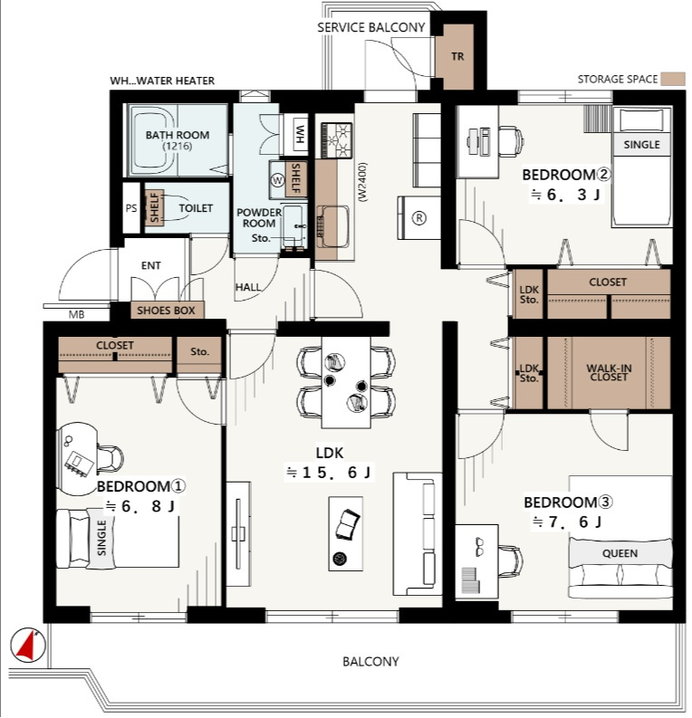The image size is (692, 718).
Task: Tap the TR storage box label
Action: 457,56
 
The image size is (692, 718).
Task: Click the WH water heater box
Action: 300,134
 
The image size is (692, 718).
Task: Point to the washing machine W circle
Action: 277,180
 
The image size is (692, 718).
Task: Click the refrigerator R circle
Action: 418,218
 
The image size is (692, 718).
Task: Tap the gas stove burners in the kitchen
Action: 337,140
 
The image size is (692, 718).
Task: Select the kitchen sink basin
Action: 333,226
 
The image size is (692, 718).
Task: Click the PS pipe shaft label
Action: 131,208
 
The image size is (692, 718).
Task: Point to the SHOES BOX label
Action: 166,311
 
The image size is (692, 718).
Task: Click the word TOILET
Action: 196,208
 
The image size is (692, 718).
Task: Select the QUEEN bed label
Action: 620,553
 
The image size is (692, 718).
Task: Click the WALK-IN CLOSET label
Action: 609,372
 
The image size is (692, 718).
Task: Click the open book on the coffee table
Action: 348,524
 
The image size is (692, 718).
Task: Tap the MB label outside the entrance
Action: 76,315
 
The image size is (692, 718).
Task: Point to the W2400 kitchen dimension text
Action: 362,182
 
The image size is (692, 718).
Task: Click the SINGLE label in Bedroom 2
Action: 641,145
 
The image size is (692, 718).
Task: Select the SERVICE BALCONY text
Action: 371,27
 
